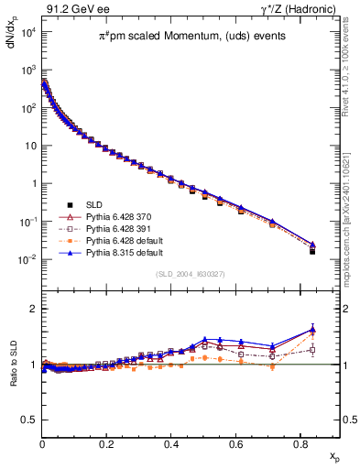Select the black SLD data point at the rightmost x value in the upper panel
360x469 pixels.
312,250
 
